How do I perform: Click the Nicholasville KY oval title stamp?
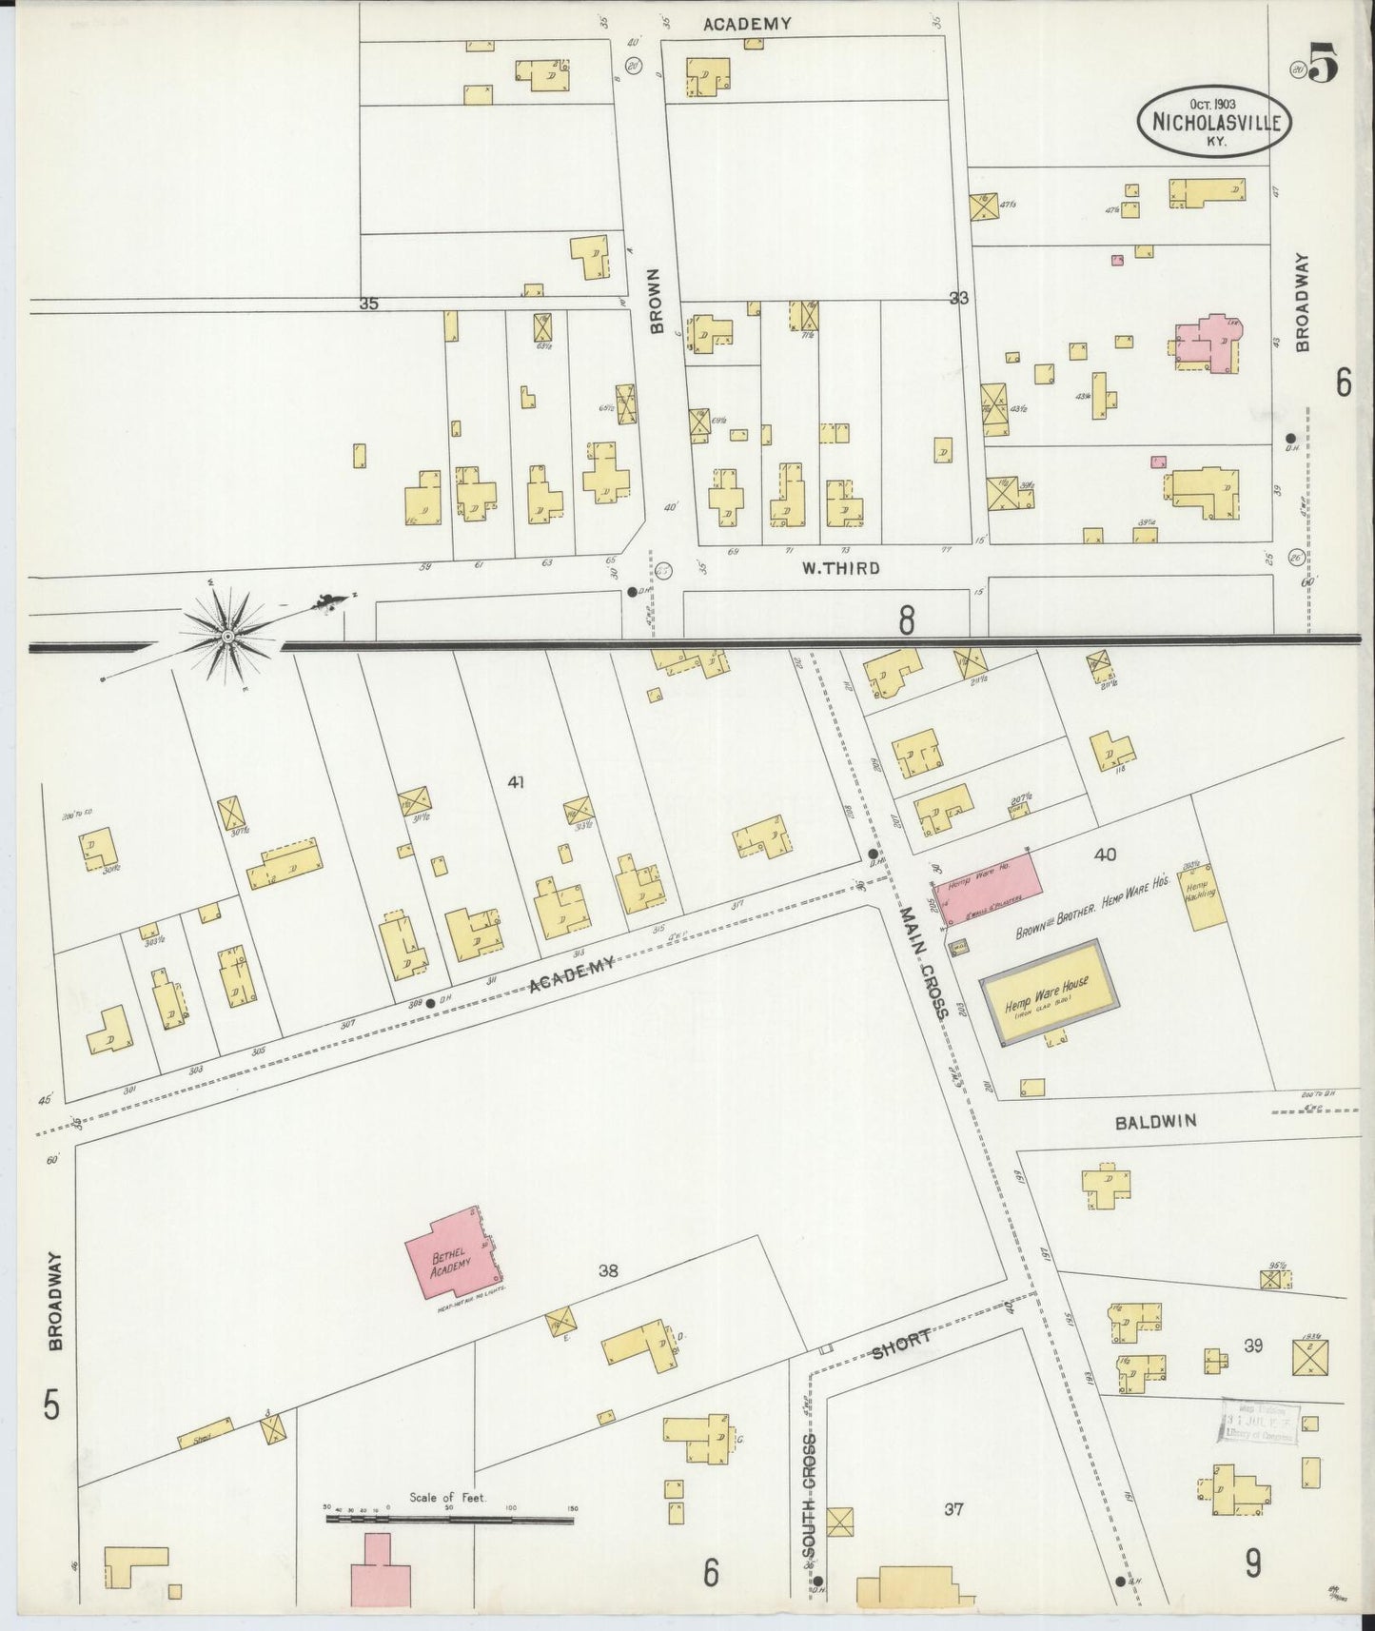click(1208, 122)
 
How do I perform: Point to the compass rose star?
click(228, 634)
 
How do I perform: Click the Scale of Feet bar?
click(449, 1520)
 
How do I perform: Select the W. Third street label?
click(840, 569)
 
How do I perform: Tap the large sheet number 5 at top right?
click(1324, 65)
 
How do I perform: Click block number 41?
click(516, 782)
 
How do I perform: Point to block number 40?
click(1105, 855)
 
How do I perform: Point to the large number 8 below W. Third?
click(906, 621)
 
